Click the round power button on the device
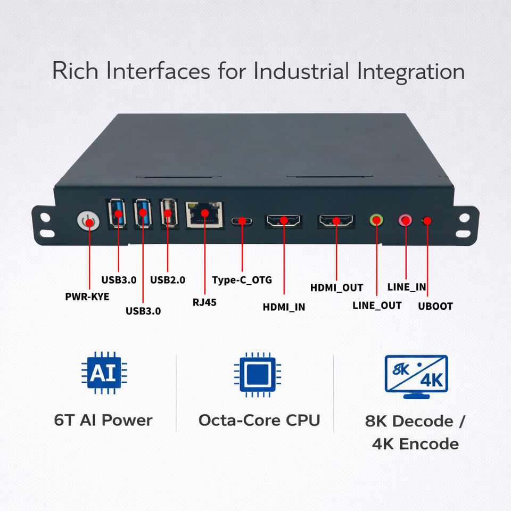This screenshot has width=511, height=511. point(88,221)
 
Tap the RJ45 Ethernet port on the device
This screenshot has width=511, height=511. point(204,215)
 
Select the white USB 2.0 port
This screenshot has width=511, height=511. point(169,212)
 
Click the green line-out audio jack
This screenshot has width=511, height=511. point(376,220)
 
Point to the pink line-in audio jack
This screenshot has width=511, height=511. point(406,220)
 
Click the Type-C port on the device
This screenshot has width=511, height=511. point(242,221)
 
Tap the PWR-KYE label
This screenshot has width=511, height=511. point(87,296)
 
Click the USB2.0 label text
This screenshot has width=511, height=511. point(168,280)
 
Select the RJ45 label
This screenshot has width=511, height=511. point(204,302)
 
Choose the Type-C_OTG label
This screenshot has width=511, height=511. point(242,280)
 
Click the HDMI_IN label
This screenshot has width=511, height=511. point(284,307)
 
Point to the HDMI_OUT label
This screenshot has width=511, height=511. point(336,288)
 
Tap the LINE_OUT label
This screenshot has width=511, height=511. point(377,306)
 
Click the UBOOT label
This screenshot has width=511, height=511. point(435,307)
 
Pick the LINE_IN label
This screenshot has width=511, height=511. point(406,287)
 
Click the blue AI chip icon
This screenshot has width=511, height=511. point(104,373)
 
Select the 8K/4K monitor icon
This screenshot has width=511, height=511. point(416,377)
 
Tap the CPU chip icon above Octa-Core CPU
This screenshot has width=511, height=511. point(258,374)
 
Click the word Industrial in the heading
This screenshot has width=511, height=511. point(301,71)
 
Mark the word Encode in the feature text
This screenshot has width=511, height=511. point(429,444)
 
